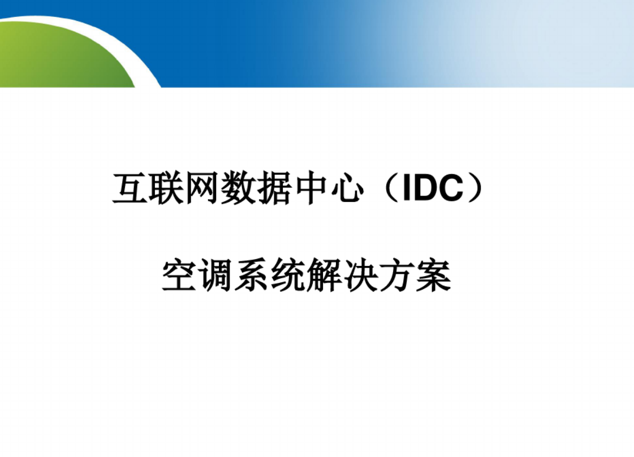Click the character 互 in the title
130,188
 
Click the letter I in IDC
406,188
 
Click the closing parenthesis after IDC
476,188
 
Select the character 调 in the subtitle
215,275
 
